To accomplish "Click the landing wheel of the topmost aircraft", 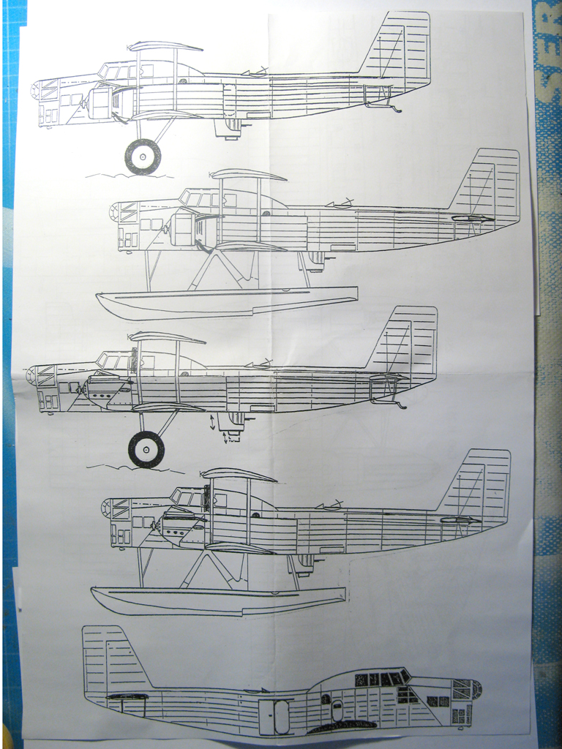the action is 143,157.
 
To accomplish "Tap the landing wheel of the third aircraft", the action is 146,448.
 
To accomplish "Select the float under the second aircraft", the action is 227,301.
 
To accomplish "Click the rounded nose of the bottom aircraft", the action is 476,689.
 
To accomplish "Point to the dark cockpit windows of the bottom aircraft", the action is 381,678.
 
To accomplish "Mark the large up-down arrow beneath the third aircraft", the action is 213,422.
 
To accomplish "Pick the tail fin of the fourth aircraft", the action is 479,483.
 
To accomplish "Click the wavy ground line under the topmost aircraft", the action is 128,176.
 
